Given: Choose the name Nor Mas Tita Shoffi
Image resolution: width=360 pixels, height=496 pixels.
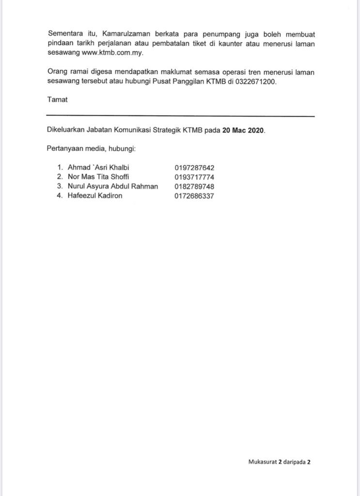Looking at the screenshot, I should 98,177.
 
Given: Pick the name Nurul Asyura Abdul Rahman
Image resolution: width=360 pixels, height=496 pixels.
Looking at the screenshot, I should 112,186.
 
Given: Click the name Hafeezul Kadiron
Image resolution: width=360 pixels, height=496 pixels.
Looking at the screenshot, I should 95,196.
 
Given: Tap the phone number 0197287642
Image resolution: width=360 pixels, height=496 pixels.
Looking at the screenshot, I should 194,168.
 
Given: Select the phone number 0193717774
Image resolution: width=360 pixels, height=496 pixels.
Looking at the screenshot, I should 194,177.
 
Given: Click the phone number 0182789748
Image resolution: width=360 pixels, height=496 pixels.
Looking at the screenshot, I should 194,186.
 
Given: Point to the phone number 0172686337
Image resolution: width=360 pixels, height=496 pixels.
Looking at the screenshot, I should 194,196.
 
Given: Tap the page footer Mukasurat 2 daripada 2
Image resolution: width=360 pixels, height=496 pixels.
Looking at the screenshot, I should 279,462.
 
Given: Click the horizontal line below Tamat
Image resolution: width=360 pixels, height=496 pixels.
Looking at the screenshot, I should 180,116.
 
